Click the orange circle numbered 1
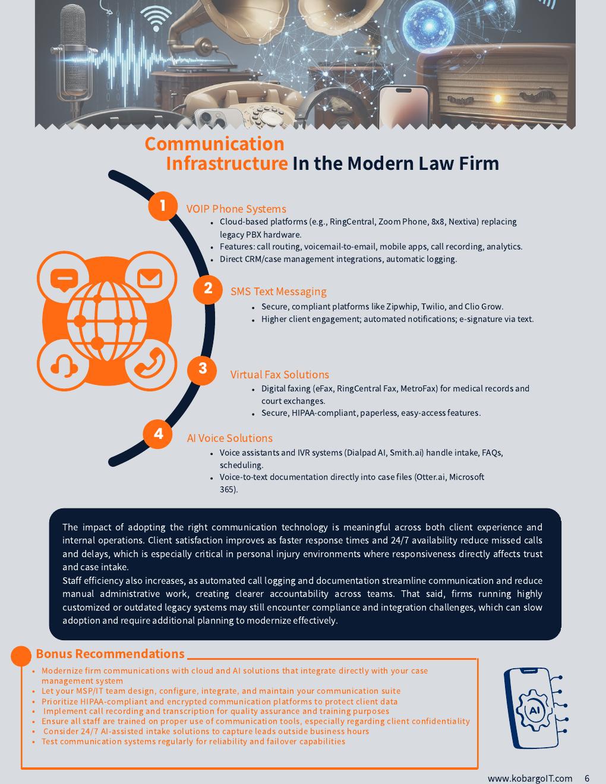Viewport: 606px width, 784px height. pos(163,206)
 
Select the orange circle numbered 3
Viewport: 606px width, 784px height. pos(202,370)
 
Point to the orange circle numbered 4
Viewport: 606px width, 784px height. pos(157,434)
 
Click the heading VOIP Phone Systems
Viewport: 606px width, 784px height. pos(236,209)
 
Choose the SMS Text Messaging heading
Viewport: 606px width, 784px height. pos(279,292)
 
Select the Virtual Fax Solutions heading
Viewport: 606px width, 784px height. pos(280,375)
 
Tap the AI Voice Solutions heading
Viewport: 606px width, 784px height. pos(229,438)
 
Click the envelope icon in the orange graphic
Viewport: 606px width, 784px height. pos(150,279)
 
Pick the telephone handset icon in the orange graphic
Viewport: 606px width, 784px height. pos(150,363)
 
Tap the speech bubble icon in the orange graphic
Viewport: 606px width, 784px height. pos(64,280)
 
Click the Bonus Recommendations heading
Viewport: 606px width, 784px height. pos(110,654)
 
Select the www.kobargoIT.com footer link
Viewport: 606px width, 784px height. pos(530,778)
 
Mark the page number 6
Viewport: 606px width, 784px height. pos(587,778)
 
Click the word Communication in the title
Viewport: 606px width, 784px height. pos(214,144)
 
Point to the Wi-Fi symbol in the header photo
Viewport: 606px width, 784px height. pos(156,18)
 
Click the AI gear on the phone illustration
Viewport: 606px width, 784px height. pos(534,710)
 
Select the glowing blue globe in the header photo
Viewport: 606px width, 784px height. pos(429,26)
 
